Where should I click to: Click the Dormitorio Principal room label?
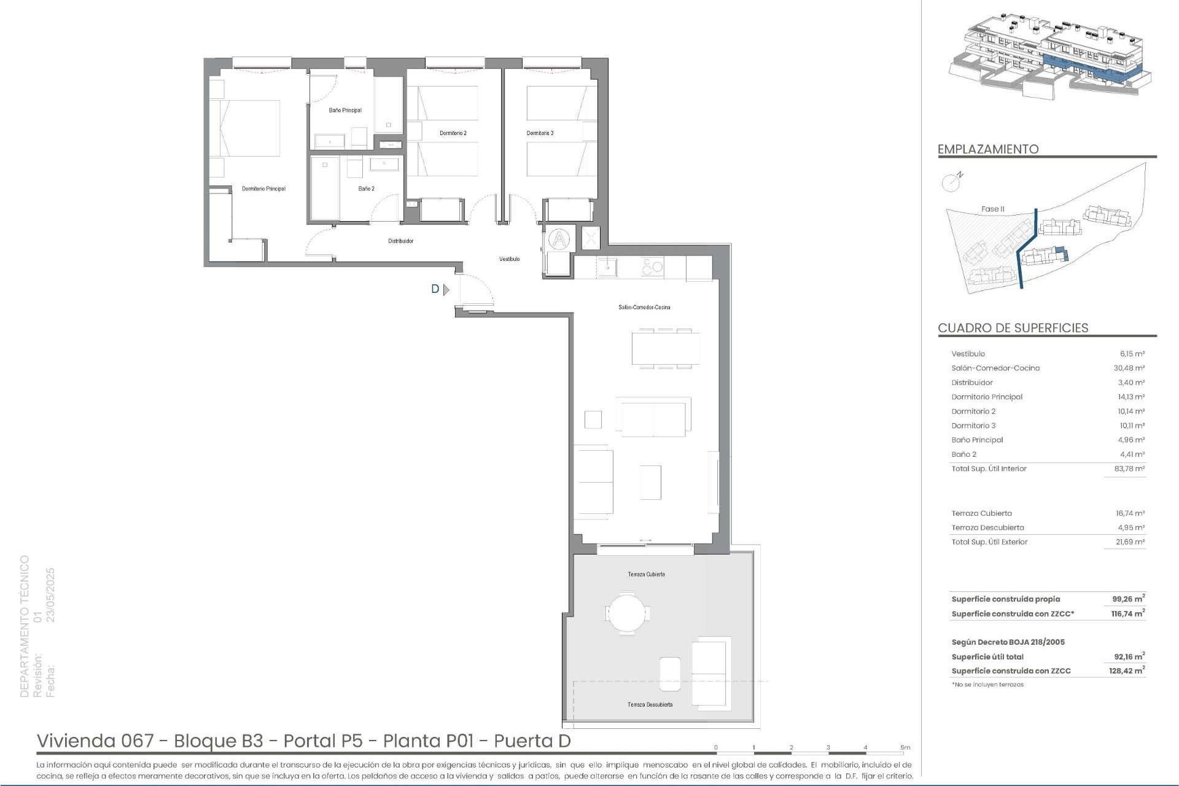click(x=263, y=189)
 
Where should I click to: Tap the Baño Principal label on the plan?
click(x=345, y=111)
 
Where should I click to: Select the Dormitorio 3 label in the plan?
click(x=540, y=133)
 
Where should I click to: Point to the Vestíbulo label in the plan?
click(x=509, y=259)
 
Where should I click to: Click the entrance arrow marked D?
click(x=446, y=289)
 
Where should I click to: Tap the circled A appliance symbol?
click(x=559, y=239)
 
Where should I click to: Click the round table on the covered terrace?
click(x=627, y=612)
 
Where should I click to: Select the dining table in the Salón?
click(x=666, y=349)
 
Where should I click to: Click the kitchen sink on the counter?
click(x=607, y=268)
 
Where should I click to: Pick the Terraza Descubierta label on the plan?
click(x=650, y=705)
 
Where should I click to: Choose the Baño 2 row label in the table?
click(x=963, y=454)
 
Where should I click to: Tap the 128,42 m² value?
click(x=1127, y=671)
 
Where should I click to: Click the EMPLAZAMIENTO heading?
click(x=988, y=149)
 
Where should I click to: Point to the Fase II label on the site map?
click(x=992, y=209)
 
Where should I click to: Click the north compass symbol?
click(x=951, y=182)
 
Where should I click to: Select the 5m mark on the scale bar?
click(x=905, y=748)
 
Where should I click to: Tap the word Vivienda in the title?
click(x=77, y=741)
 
